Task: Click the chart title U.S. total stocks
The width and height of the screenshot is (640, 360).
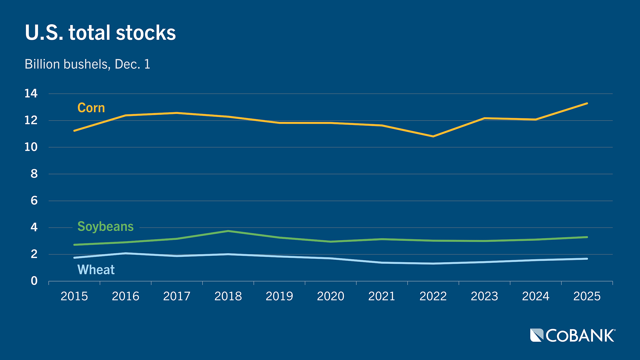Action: click(100, 33)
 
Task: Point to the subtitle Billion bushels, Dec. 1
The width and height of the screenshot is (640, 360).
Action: click(87, 64)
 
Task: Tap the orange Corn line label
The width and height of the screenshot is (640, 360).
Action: click(91, 108)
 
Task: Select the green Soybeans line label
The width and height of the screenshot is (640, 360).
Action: click(105, 226)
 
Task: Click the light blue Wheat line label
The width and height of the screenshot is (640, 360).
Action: click(96, 269)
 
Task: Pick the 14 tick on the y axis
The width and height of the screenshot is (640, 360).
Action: click(31, 94)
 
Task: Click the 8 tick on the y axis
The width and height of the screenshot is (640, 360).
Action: click(34, 174)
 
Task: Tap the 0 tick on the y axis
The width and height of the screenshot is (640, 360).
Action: click(34, 281)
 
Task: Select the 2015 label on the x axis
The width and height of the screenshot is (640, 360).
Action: click(74, 296)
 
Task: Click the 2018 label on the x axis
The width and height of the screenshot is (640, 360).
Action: click(228, 296)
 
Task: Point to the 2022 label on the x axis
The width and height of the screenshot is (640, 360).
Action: click(433, 296)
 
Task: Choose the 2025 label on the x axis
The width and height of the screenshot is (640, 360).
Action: click(587, 296)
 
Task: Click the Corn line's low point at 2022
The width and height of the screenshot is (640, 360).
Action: click(433, 136)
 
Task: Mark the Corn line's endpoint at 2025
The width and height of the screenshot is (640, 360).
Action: click(587, 103)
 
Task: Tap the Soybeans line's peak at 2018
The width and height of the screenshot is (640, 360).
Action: click(228, 231)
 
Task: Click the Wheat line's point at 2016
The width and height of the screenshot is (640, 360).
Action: click(126, 253)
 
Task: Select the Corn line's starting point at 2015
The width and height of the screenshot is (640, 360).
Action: click(74, 131)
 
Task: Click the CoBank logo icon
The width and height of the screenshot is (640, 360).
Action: click(537, 335)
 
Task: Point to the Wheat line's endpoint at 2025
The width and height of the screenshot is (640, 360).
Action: click(587, 259)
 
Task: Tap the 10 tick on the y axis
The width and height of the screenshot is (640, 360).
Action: click(31, 147)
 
